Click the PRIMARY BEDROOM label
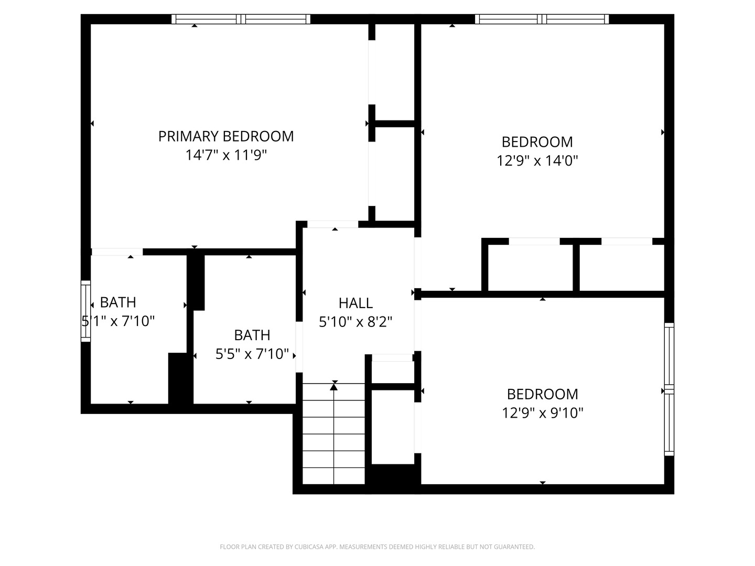226,136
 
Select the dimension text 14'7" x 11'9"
226,155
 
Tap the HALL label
355,303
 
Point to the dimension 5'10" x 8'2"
355,322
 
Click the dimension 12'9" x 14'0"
537,160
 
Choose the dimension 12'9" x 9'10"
542,413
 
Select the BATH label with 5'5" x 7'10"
252,335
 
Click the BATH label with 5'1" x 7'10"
118,302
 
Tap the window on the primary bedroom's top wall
241,19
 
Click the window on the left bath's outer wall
85,311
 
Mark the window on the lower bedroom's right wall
669,389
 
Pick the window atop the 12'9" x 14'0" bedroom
542,19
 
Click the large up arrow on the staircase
334,387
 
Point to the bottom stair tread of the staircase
333,476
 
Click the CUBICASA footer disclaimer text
377,547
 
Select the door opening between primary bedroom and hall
332,224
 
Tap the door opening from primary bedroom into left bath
116,252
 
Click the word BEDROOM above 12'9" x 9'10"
542,394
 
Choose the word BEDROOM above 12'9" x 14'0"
537,141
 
